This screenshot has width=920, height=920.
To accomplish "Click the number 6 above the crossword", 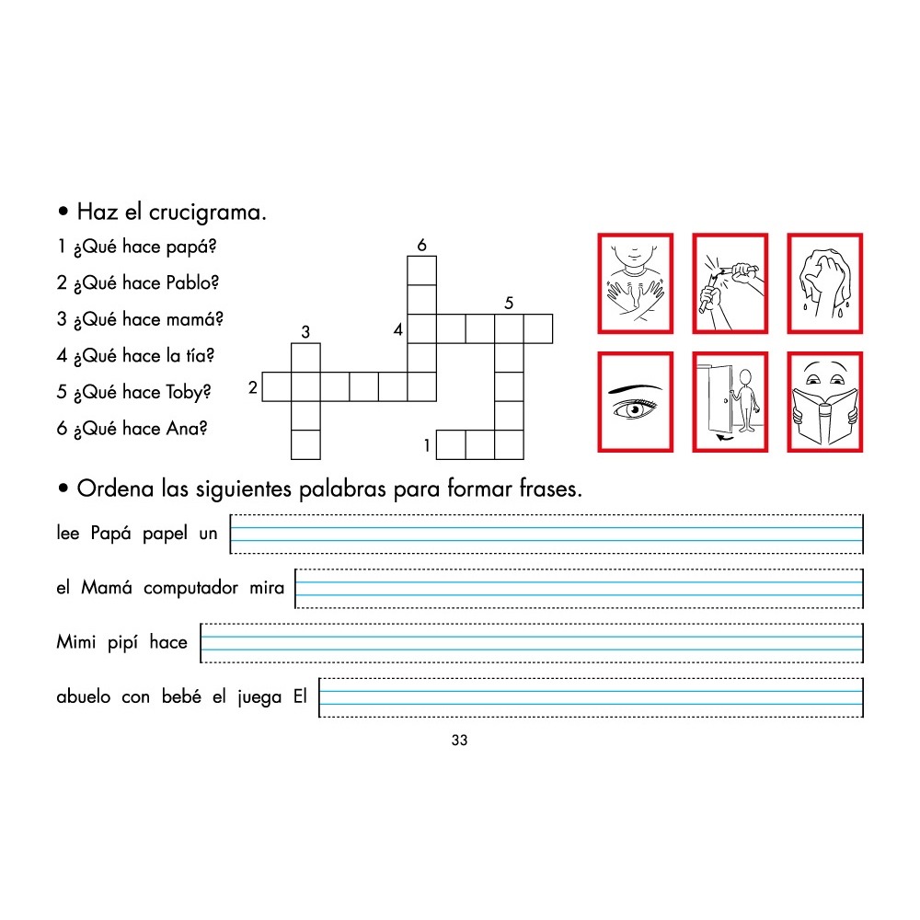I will coord(421,245).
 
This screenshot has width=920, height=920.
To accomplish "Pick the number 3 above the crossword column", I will coord(305,332).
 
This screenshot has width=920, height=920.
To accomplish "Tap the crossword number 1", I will coord(428,446).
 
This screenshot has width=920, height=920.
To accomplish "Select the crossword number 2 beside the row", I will coord(253,388).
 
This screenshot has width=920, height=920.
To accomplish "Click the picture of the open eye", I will coord(636,402).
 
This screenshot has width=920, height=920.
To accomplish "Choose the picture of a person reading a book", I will coord(825,402).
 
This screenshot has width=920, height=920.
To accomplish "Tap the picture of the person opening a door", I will coord(730,402).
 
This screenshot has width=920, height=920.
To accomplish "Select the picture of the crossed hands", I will coord(636,282).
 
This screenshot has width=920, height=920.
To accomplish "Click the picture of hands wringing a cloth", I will coord(825,282).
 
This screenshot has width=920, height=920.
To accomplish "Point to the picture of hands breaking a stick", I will coord(730,282).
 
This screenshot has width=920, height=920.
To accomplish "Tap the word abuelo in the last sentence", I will coord(84,697).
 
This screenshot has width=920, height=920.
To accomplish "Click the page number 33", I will coord(460,742).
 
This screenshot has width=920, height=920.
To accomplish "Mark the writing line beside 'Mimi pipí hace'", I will coord(532,643).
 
